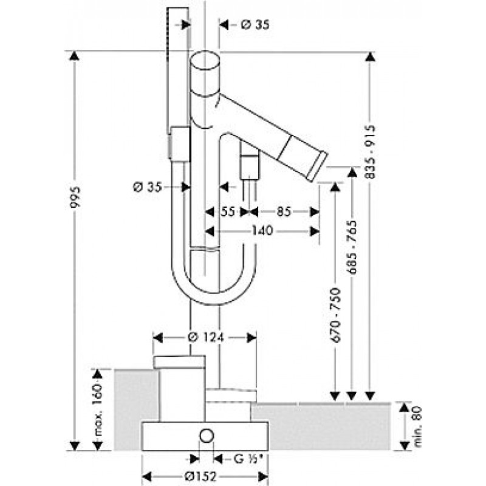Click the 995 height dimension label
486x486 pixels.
(x=75, y=198)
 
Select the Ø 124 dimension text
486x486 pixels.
(x=205, y=337)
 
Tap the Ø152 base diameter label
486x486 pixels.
(x=200, y=477)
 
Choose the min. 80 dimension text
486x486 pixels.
(x=418, y=426)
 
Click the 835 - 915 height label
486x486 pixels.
(x=370, y=152)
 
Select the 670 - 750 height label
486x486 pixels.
(x=335, y=315)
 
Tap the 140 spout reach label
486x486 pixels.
(x=262, y=231)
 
